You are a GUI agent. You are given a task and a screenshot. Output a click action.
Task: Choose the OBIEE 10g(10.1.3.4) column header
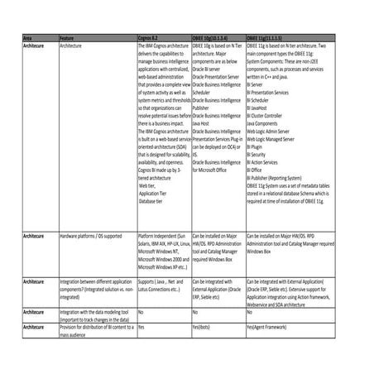tap(216, 38)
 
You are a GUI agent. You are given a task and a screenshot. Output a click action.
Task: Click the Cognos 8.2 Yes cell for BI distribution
tap(141, 327)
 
